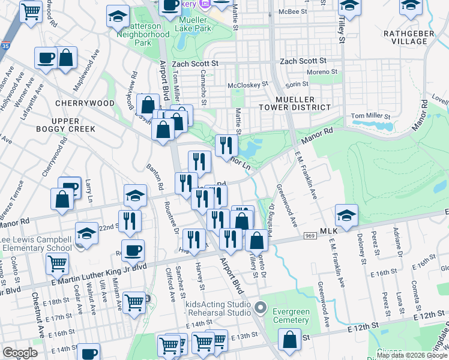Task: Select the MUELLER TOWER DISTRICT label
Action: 303,103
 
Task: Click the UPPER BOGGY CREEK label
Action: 73,124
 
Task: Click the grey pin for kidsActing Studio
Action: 260,308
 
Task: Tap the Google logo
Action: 20,353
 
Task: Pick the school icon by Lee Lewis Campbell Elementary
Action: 86,233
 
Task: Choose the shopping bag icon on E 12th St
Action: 289,339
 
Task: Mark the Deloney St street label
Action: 362,247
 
